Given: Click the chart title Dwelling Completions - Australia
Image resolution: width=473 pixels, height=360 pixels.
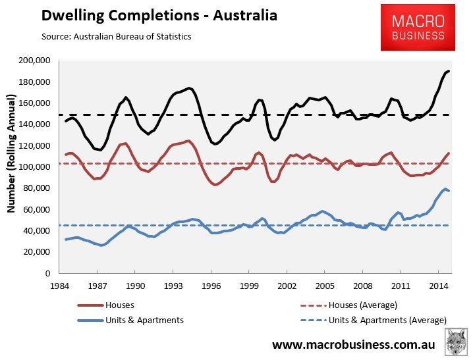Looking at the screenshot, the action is click(x=159, y=16).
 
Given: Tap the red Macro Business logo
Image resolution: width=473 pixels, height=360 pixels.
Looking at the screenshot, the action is click(x=418, y=28).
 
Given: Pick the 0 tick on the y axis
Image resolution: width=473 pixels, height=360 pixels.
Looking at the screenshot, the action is click(x=47, y=273).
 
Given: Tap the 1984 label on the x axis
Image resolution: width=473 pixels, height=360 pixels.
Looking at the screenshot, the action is click(x=59, y=286).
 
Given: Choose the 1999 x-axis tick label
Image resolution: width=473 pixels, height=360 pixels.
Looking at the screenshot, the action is click(x=249, y=286).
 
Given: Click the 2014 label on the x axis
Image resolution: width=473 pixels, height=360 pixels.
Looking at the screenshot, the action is click(x=439, y=286).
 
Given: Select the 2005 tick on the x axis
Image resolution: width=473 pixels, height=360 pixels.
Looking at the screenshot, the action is click(x=325, y=286).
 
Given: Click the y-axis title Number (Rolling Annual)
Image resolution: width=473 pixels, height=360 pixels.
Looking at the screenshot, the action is click(x=11, y=153).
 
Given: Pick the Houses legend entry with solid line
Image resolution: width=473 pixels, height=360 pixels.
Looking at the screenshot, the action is click(x=105, y=305).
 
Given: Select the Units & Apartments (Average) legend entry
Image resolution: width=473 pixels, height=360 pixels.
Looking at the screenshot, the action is click(x=374, y=321).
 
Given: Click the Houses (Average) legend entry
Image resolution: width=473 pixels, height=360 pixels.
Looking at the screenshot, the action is click(x=348, y=305).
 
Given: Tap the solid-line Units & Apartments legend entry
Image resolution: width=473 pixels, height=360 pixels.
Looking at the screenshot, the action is click(x=130, y=321).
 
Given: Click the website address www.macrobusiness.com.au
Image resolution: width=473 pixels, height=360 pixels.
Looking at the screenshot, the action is click(x=354, y=344).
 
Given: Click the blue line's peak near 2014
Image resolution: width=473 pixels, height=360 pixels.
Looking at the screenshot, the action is click(x=445, y=189).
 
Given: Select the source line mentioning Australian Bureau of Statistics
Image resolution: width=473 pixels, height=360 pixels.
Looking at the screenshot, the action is click(x=117, y=37).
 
